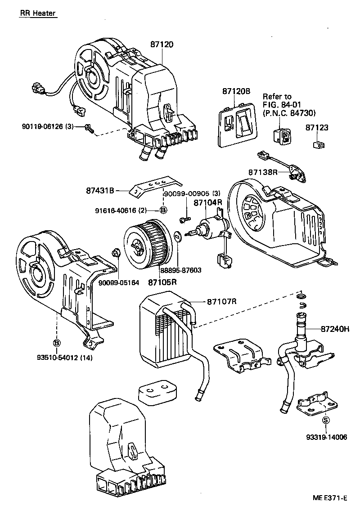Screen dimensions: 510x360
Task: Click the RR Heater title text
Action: click(38, 13)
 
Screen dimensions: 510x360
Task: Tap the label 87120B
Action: click(236, 91)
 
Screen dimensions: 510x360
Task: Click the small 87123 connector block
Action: click(319, 145)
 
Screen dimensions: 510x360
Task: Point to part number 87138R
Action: click(263, 172)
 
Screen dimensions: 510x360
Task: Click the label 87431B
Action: click(100, 190)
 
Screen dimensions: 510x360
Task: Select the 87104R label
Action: click(208, 203)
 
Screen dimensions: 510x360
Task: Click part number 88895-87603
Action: click(180, 270)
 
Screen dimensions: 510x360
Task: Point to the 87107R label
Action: click(221, 301)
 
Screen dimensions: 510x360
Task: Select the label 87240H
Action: click(335, 329)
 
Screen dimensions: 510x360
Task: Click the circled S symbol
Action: click(326, 421)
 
